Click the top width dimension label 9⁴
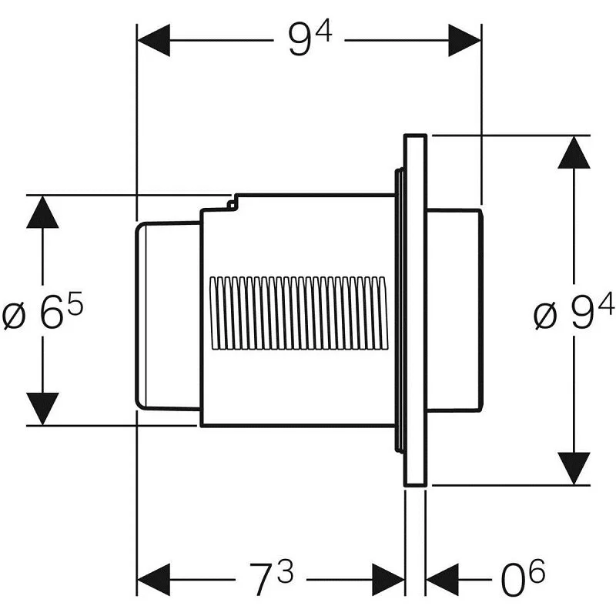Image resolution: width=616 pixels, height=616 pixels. [x=310, y=40]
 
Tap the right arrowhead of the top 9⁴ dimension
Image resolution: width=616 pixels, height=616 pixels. [x=465, y=40]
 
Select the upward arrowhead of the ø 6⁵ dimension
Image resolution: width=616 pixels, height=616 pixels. [x=42, y=212]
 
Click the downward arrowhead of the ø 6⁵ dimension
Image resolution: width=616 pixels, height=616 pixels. [x=42, y=408]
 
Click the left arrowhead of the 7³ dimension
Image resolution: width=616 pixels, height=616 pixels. [x=152, y=579]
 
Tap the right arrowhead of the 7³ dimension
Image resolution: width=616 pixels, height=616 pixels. [x=388, y=579]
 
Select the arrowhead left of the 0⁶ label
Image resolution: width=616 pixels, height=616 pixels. [x=442, y=579]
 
